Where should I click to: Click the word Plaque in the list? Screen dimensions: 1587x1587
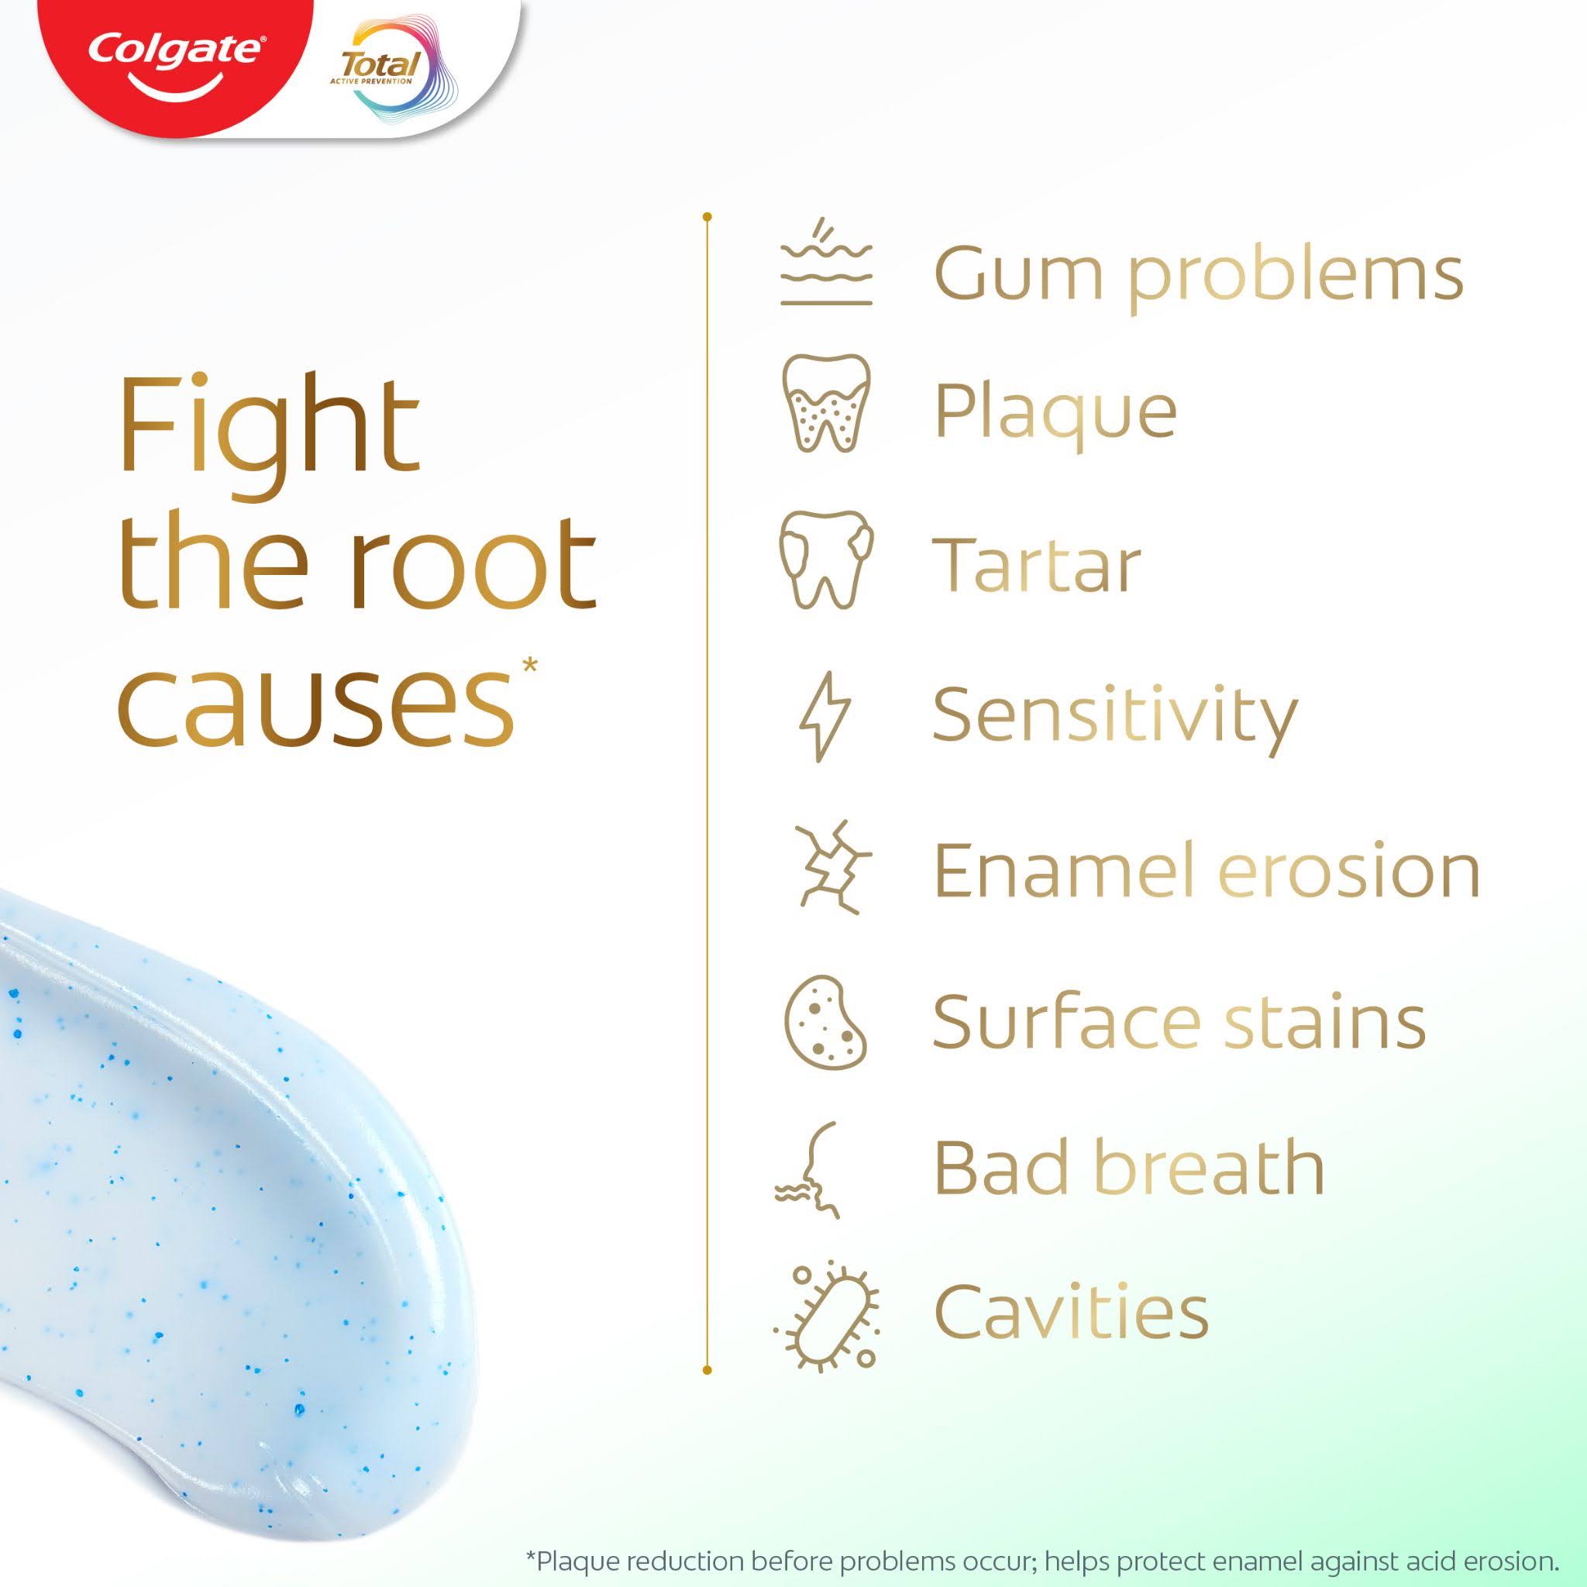(x=1055, y=412)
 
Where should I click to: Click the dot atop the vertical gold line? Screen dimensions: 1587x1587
(x=707, y=218)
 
